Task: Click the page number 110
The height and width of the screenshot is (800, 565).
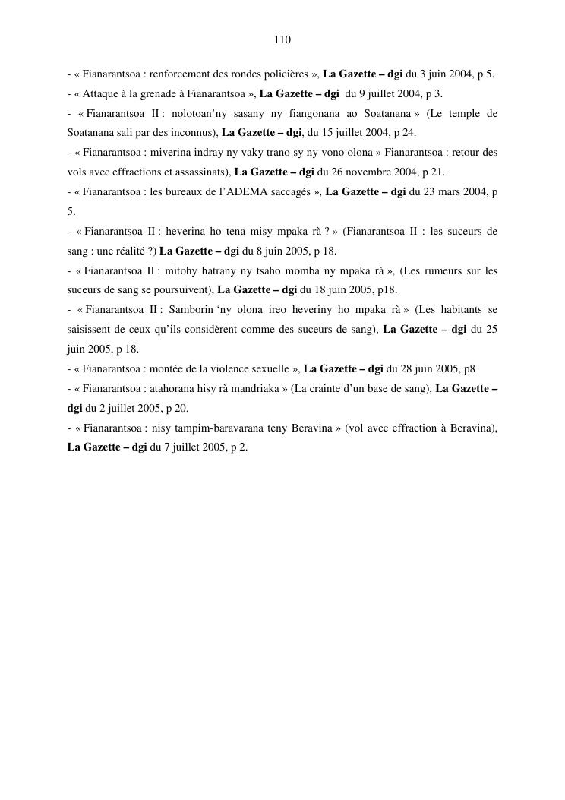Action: click(x=282, y=40)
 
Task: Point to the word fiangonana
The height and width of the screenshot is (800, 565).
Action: click(x=331, y=114)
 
